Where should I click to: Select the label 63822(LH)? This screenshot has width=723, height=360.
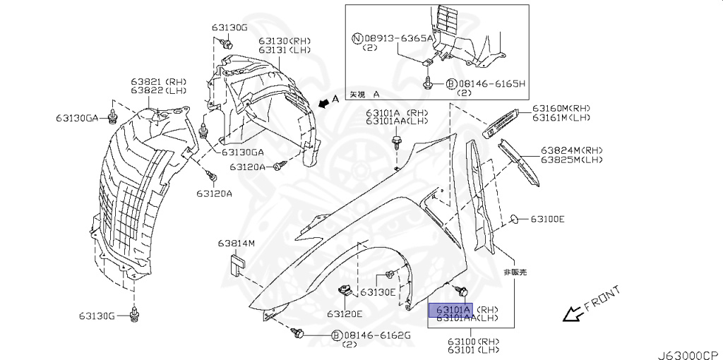point(157,90)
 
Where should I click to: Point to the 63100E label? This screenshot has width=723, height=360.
point(547,219)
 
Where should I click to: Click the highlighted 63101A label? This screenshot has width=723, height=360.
point(453,309)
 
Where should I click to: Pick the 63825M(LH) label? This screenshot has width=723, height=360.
point(572,160)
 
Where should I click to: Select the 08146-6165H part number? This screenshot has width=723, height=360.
point(491,83)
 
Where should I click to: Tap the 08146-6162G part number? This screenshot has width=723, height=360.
point(377,335)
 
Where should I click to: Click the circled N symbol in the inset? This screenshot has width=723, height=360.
point(358,38)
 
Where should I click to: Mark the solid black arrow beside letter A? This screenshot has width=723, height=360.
point(323,103)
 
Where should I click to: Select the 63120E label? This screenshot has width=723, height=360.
point(344,313)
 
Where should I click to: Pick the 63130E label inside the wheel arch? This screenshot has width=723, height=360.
point(378,292)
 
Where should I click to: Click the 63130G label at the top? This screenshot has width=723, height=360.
point(229,27)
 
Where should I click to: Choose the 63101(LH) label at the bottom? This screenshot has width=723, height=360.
point(474,349)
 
